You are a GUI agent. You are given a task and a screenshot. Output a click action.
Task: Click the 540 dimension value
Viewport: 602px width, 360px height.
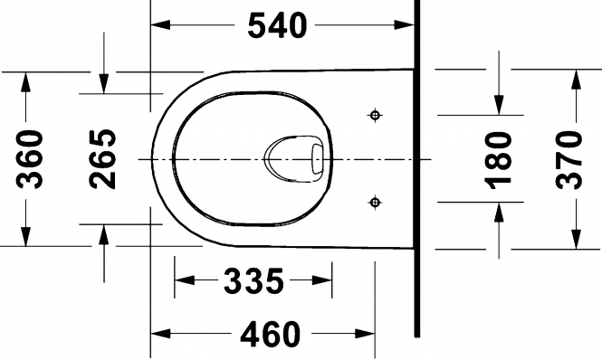pos(277,25)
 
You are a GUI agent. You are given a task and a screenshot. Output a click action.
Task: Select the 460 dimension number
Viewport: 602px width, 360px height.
pos(271,334)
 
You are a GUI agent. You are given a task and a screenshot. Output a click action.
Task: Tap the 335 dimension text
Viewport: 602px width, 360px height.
pos(253,280)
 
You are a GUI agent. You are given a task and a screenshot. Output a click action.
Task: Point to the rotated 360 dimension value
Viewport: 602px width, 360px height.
pos(30,159)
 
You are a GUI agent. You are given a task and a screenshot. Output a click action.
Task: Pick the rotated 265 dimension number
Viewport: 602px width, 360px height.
pos(102,159)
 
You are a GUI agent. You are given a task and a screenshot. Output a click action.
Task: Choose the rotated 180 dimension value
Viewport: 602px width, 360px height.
pos(499,160)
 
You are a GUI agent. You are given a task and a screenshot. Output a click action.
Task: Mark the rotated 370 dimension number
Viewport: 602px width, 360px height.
pos(569,160)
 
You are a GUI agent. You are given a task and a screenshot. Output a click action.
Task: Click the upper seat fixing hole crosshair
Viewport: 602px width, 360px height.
pos(375,115)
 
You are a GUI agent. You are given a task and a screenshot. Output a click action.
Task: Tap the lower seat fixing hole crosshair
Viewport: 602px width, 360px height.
pos(375,202)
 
